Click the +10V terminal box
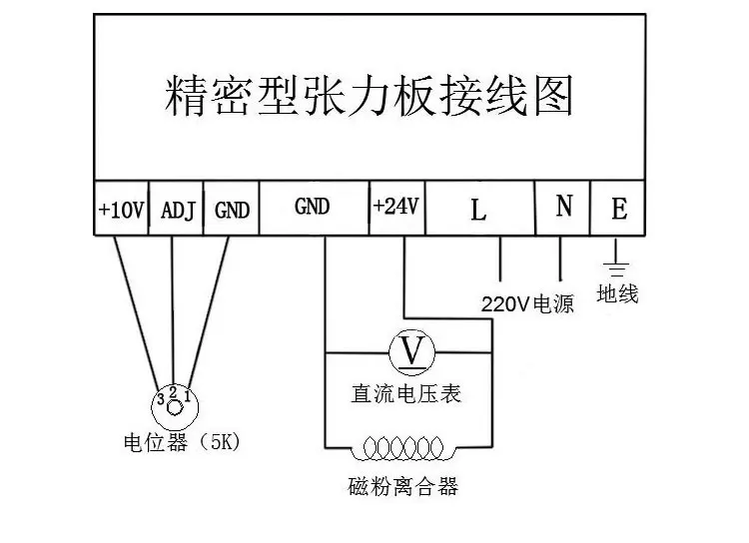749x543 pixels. pyautogui.click(x=121, y=209)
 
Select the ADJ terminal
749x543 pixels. pyautogui.click(x=176, y=209)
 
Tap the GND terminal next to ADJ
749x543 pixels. pyautogui.click(x=232, y=209)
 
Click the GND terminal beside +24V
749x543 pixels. pyautogui.click(x=315, y=209)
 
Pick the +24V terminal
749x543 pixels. pyautogui.click(x=397, y=209)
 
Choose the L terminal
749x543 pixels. pyautogui.click(x=480, y=209)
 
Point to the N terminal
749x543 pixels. pyautogui.click(x=563, y=209)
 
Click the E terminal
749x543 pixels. pyautogui.click(x=618, y=209)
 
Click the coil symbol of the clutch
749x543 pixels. pyautogui.click(x=403, y=448)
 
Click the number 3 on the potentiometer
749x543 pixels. pyautogui.click(x=161, y=399)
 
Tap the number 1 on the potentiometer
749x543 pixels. pyautogui.click(x=187, y=396)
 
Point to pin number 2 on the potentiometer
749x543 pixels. pyautogui.click(x=173, y=392)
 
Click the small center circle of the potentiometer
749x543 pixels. pyautogui.click(x=175, y=408)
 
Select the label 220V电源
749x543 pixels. pyautogui.click(x=527, y=303)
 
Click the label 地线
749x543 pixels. pyautogui.click(x=617, y=293)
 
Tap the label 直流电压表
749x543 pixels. pyautogui.click(x=406, y=394)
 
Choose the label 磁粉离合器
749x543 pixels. pyautogui.click(x=403, y=487)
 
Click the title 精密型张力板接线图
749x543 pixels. pyautogui.click(x=369, y=96)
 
